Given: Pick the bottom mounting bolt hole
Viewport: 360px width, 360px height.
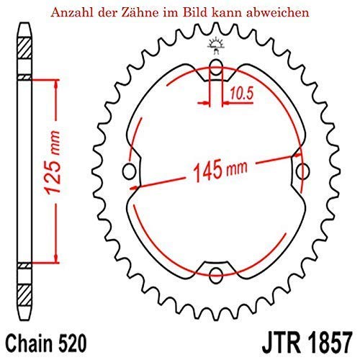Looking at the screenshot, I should click(215, 271).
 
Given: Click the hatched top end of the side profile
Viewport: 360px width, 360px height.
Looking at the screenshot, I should click(24, 51).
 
